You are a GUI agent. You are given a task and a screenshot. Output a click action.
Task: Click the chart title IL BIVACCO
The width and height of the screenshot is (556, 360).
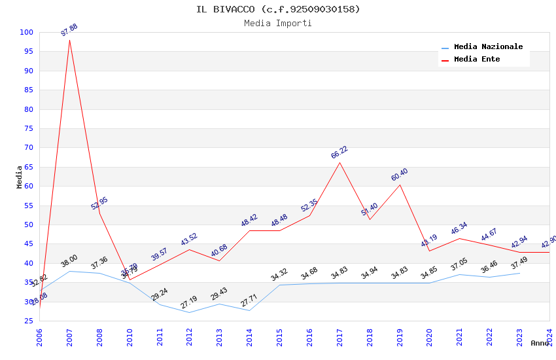tap(278, 9)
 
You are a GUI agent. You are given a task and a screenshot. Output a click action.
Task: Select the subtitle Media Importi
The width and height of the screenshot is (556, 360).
tap(278, 23)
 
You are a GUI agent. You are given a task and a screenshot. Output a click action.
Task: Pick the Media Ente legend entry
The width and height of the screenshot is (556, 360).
tap(477, 60)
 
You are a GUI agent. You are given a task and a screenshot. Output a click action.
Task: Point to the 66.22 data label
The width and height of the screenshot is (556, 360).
tap(339, 153)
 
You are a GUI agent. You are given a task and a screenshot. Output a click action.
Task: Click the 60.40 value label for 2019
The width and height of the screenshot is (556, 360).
tap(399, 175)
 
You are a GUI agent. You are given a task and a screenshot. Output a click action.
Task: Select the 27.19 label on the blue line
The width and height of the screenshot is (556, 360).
tap(189, 302)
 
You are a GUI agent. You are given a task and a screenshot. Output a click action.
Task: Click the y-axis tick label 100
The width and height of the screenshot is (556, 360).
tap(27, 32)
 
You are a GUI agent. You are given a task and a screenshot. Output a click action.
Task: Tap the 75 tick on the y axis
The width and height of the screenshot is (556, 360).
tap(29, 128)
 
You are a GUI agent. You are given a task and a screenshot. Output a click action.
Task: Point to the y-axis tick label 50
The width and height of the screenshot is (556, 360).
tap(29, 225)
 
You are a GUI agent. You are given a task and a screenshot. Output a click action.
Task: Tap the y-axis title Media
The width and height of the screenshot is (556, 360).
tap(20, 177)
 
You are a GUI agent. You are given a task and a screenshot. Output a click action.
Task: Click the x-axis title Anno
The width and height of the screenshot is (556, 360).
tap(540, 343)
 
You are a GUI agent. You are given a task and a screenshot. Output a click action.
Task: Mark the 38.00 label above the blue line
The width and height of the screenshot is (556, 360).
tap(69, 261)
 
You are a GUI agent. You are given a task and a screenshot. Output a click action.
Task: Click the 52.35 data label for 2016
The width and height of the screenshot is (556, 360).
tap(309, 206)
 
